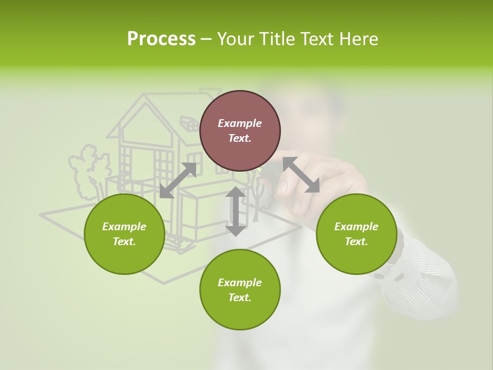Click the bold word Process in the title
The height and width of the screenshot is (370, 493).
pos(161,39)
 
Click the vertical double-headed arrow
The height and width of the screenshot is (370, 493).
pos(236,211)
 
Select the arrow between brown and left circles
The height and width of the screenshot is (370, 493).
pos(178,180)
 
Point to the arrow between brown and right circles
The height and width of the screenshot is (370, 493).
pos(301,175)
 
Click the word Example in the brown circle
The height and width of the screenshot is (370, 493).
pos(240,123)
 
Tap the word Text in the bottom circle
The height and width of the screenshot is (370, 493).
pos(240,298)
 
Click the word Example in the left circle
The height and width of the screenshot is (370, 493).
pos(124,227)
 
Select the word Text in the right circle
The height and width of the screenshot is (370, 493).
pos(356,242)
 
